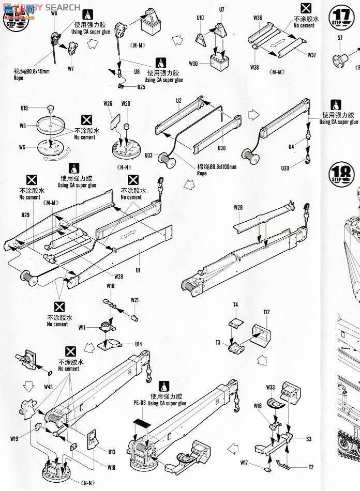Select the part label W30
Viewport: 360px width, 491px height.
193,64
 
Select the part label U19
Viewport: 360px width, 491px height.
24,108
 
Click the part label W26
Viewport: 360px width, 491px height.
108,103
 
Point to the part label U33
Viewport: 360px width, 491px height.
149,155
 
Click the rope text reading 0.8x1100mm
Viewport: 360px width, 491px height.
216,166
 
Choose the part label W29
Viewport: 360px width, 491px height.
238,207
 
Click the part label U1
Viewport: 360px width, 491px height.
138,269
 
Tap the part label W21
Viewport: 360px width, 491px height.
134,300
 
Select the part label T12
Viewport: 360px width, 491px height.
266,312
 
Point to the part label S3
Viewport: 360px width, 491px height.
308,439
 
